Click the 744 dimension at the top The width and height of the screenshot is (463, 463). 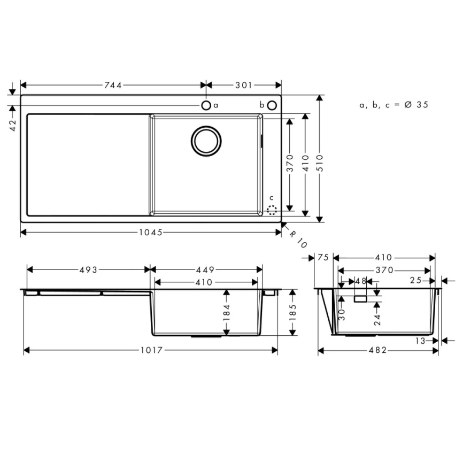pyautogui.click(x=113, y=85)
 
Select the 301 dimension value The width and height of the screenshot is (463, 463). pyautogui.click(x=244, y=85)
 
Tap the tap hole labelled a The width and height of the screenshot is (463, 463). pyautogui.click(x=206, y=105)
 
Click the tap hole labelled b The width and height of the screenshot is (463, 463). pyautogui.click(x=272, y=105)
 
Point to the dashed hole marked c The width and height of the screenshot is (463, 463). pyautogui.click(x=272, y=210)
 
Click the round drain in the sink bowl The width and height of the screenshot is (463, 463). pyautogui.click(x=206, y=141)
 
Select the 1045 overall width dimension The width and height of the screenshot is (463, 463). pyautogui.click(x=151, y=232)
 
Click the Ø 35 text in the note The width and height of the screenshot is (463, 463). pyautogui.click(x=416, y=105)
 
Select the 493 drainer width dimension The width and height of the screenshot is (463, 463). pyautogui.click(x=88, y=270)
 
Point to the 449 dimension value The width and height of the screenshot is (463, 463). pyautogui.click(x=205, y=270)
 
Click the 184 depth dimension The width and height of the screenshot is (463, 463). pyautogui.click(x=227, y=312)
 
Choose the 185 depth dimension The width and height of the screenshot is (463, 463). pyautogui.click(x=293, y=312)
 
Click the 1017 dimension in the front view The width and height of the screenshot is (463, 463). pyautogui.click(x=151, y=350)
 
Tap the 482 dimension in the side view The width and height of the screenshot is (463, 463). pyautogui.click(x=378, y=350)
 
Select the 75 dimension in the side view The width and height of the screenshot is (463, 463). pyautogui.click(x=321, y=258)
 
